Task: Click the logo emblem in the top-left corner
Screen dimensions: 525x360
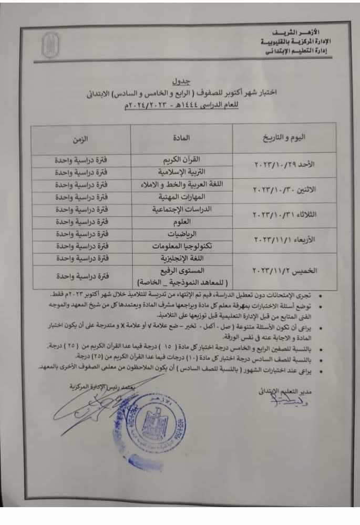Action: pyautogui.click(x=50, y=45)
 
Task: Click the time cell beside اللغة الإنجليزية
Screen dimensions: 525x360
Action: pyautogui.click(x=80, y=258)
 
